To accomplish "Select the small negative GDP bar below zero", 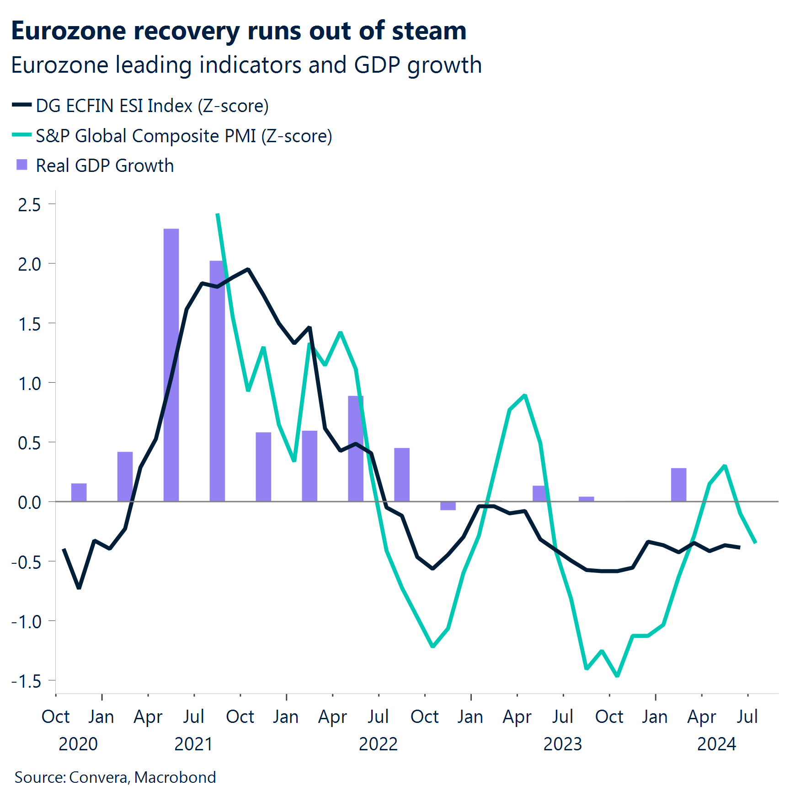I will pyautogui.click(x=448, y=506).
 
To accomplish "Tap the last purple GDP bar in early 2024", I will pyautogui.click(x=678, y=485).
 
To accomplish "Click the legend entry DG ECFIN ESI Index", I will pyautogui.click(x=152, y=106).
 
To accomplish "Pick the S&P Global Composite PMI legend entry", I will pyautogui.click(x=184, y=136).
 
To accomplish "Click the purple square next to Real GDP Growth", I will pyautogui.click(x=22, y=165).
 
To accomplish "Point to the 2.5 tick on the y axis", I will pyautogui.click(x=29, y=204).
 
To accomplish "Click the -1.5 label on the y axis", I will pyautogui.click(x=27, y=681).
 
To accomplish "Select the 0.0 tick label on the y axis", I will pyautogui.click(x=29, y=503).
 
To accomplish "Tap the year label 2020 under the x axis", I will pyautogui.click(x=78, y=744).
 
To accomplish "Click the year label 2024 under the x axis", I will pyautogui.click(x=716, y=744).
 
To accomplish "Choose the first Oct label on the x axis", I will pyautogui.click(x=56, y=716).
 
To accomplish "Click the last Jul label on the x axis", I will pyautogui.click(x=747, y=716).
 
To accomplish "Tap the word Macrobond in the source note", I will pyautogui.click(x=175, y=777).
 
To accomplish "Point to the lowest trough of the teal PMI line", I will pyautogui.click(x=618, y=676).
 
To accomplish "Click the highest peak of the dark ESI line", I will pyautogui.click(x=248, y=269).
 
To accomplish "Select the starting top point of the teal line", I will pyautogui.click(x=218, y=214).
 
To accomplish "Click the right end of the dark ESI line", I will pyautogui.click(x=740, y=547).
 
